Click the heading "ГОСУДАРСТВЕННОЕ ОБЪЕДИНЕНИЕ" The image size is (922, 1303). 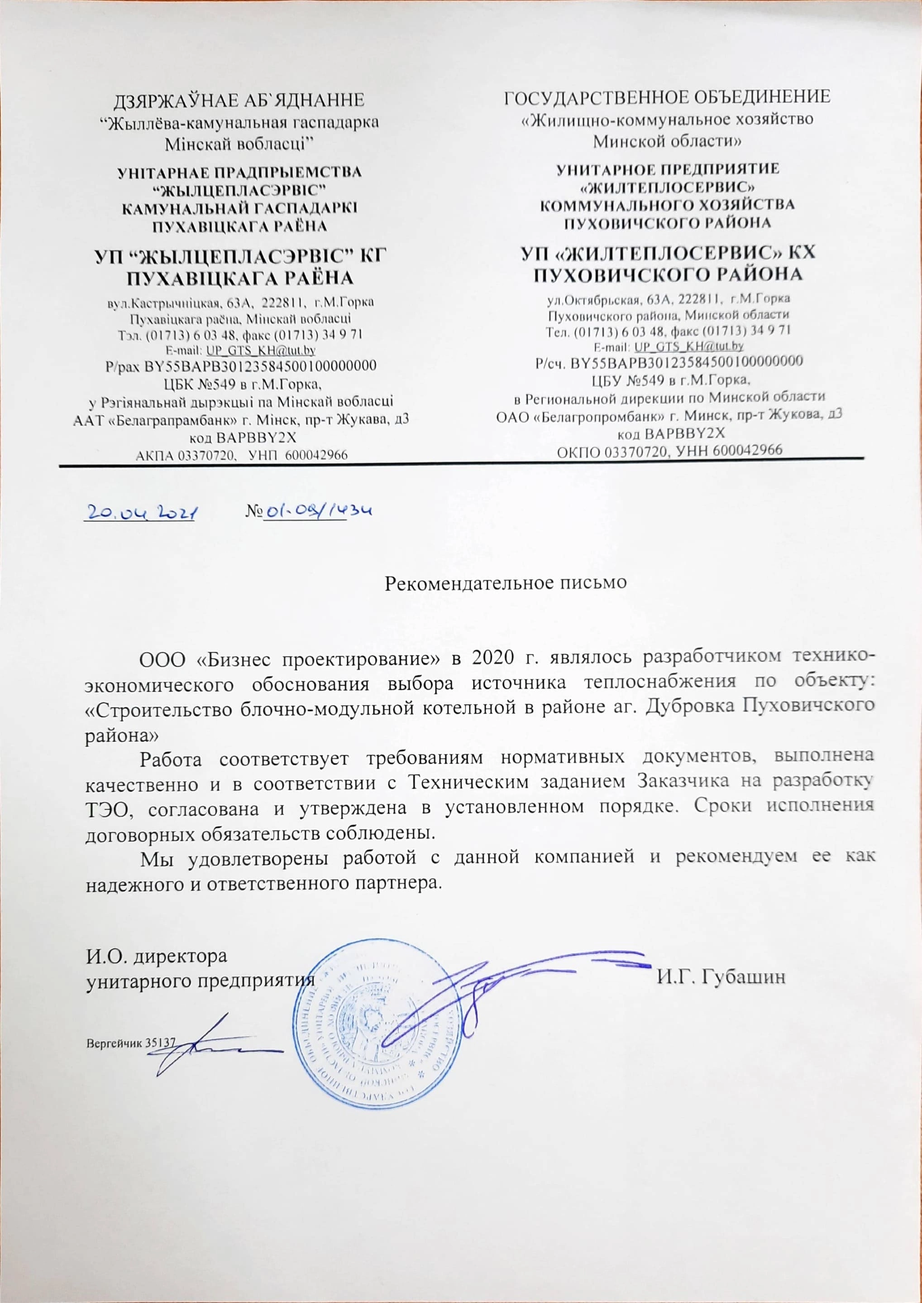(x=667, y=97)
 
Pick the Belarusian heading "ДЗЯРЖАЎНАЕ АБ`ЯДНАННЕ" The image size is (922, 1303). (x=239, y=101)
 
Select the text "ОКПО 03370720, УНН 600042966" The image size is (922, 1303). (x=669, y=450)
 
